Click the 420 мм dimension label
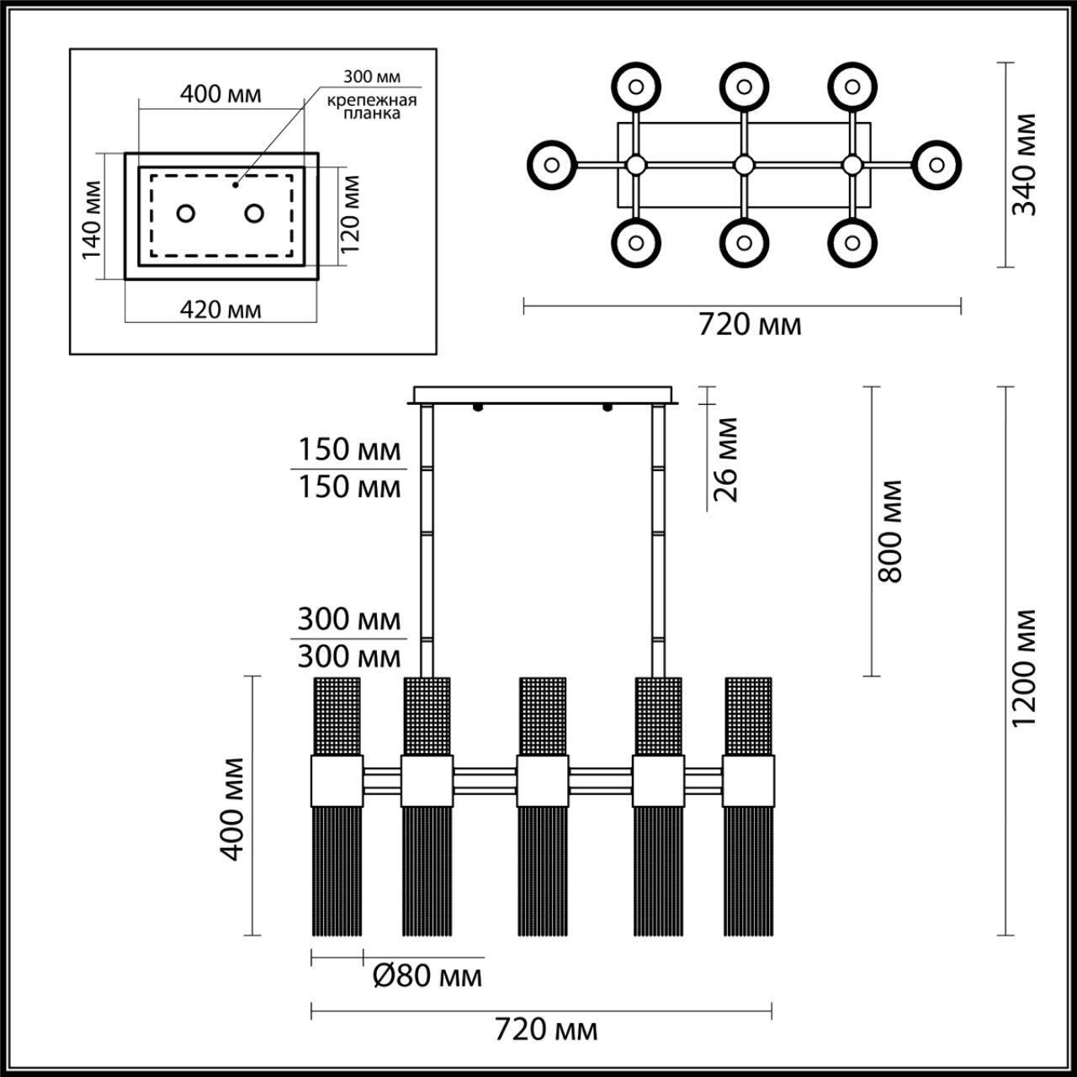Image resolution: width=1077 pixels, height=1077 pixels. (x=220, y=310)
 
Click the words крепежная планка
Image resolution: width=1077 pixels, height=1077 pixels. (x=373, y=107)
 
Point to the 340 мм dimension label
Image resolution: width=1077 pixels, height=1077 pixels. (x=1024, y=165)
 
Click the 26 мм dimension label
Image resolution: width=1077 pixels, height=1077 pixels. (x=724, y=459)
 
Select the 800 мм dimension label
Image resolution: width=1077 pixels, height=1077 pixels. (x=889, y=531)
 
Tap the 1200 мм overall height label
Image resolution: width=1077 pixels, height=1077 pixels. (x=1024, y=670)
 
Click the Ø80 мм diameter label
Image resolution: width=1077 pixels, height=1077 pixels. (x=427, y=976)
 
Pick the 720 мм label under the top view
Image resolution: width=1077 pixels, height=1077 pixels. (x=750, y=324)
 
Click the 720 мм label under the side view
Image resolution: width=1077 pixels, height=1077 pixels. (x=546, y=1029)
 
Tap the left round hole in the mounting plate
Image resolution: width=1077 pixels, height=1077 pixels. (x=186, y=213)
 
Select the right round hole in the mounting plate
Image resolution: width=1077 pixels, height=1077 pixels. (x=254, y=213)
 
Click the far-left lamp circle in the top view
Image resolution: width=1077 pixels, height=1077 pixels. (x=552, y=164)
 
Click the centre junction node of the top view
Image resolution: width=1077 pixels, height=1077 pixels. (x=744, y=165)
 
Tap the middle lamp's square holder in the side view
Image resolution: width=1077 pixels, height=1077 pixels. (x=542, y=781)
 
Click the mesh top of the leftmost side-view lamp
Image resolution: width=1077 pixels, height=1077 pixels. (x=337, y=715)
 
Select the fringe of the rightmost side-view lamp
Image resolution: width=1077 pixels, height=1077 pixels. (x=748, y=871)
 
